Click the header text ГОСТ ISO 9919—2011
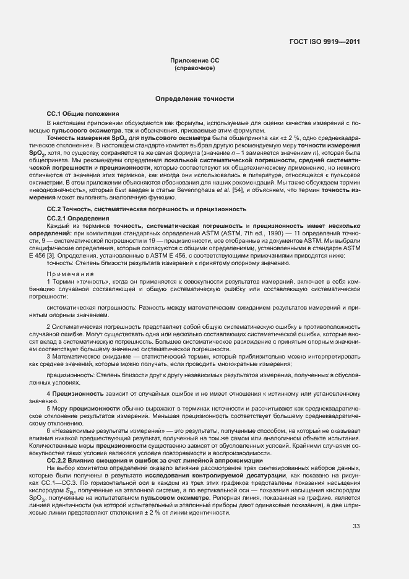324,42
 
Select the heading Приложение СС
194,60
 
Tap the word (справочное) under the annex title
194,67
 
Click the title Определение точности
194,98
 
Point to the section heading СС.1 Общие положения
83,114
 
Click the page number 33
356,526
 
